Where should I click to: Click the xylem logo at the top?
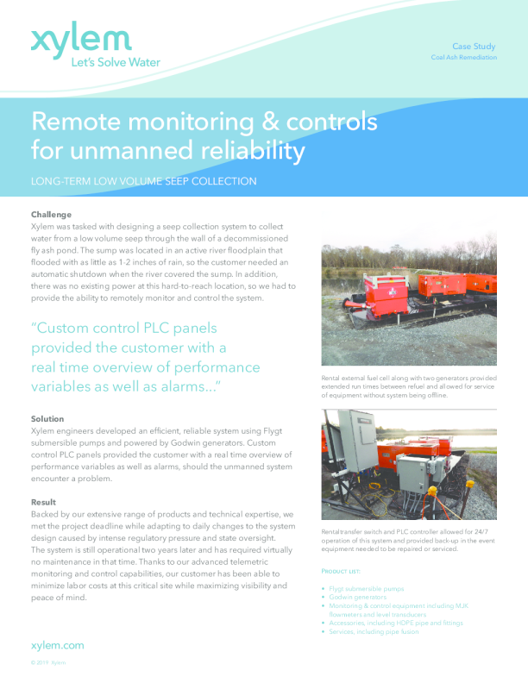tap(81, 40)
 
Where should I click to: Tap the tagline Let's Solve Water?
tap(115, 61)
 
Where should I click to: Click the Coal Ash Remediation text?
tap(464, 57)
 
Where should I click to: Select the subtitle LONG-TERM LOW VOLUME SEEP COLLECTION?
tap(144, 181)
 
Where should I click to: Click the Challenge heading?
tap(51, 214)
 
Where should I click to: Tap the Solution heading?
tap(47, 418)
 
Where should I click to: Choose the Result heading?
tap(43, 502)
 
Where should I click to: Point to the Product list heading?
tap(340, 572)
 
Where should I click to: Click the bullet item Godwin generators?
tap(358, 596)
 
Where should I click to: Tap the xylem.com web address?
tap(57, 644)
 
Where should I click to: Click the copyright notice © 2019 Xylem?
tap(47, 662)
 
